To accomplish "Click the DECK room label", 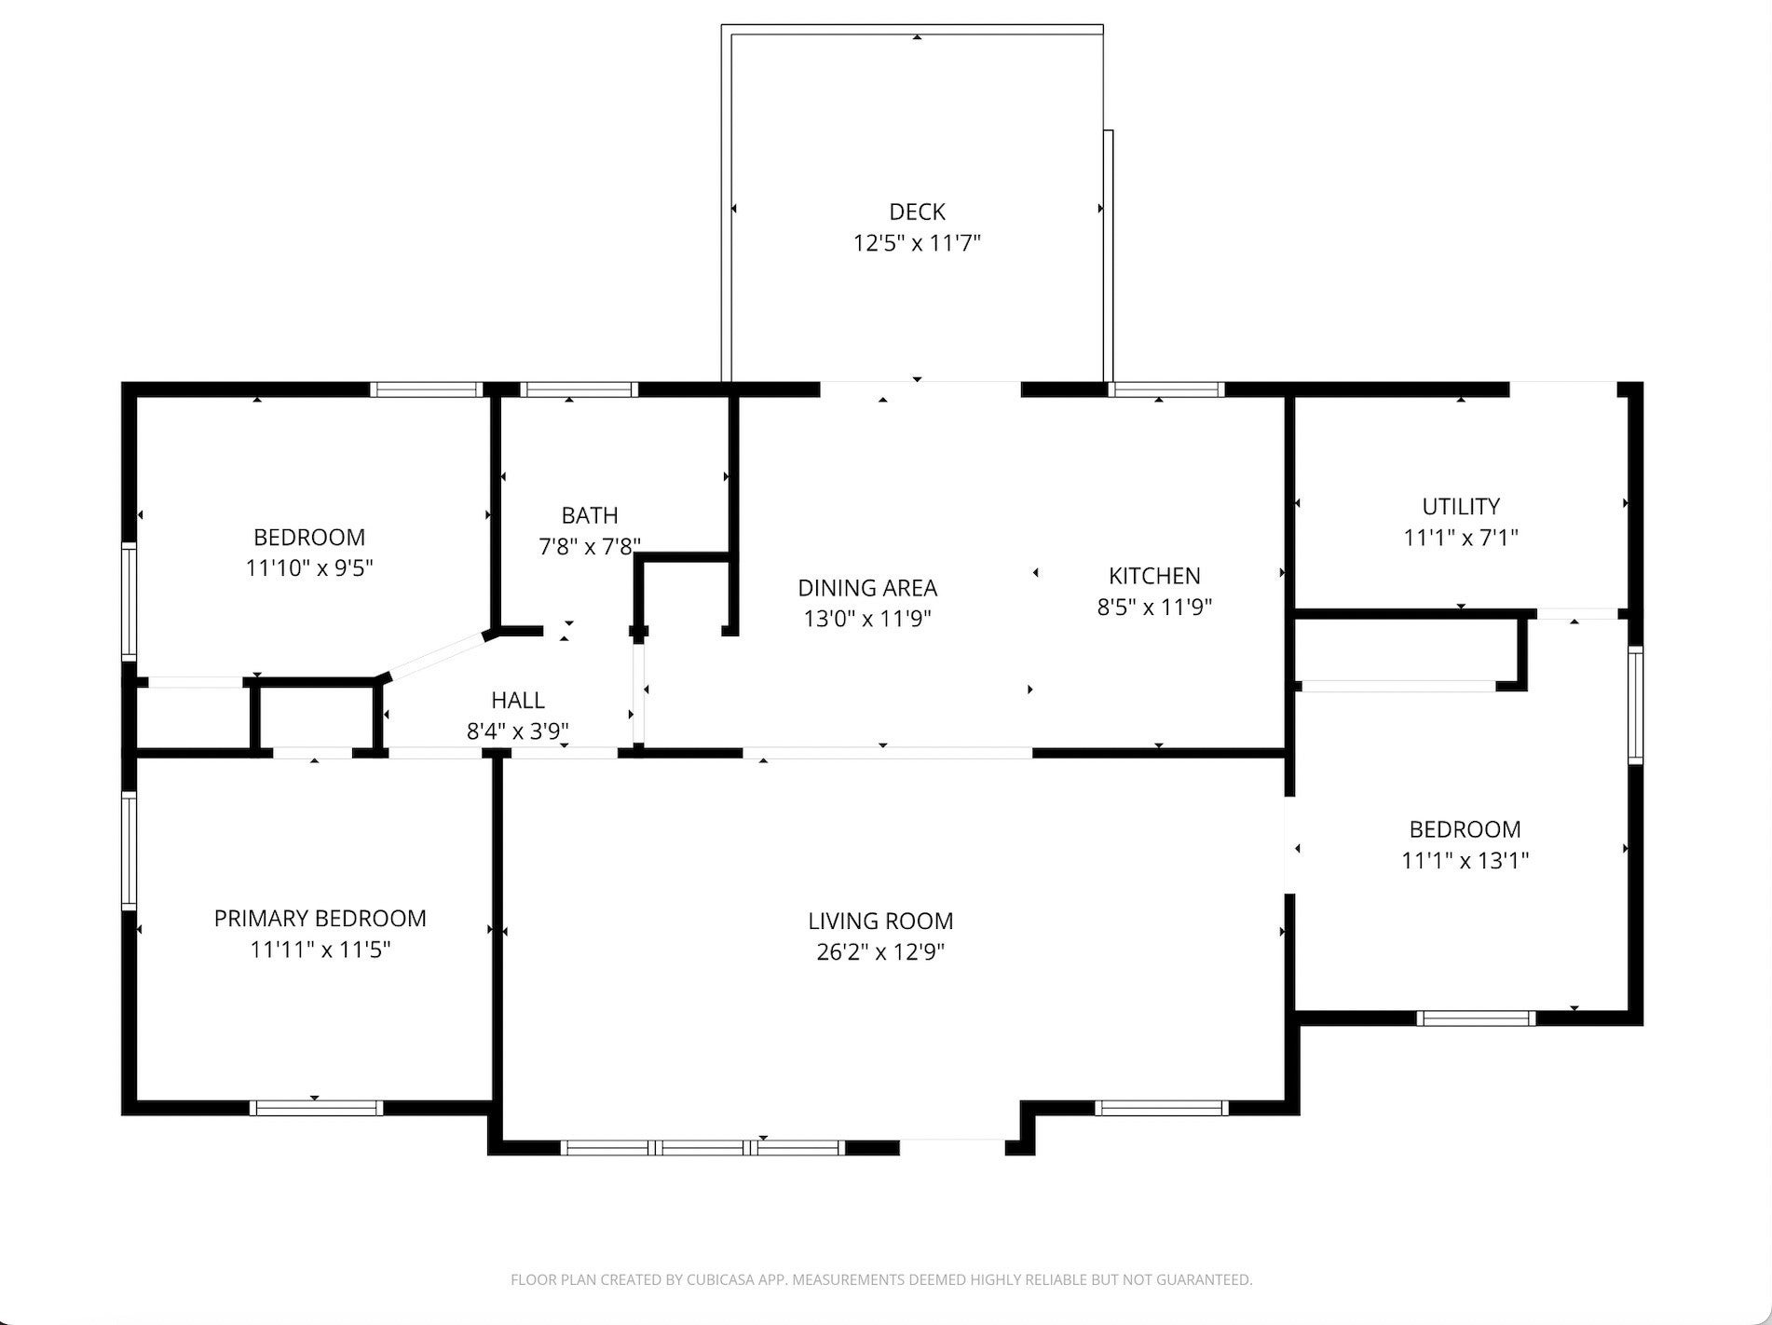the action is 917,212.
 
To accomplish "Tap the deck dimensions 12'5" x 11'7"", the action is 917,243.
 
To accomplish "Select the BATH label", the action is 589,515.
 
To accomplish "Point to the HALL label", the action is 518,700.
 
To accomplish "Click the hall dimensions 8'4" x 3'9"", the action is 518,731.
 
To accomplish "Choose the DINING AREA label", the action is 867,588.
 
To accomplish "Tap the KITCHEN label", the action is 1154,576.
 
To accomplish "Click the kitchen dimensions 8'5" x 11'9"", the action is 1154,608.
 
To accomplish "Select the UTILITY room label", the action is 1461,507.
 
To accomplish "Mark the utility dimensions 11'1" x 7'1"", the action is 1461,538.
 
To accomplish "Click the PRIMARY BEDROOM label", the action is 320,919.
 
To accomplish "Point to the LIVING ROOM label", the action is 880,922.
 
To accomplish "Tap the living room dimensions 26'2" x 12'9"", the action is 880,952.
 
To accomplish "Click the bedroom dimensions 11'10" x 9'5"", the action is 309,568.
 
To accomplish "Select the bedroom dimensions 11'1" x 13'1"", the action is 1465,860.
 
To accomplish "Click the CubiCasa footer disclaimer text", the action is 881,1280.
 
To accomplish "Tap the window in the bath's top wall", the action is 579,389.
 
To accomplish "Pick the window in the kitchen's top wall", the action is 1165,389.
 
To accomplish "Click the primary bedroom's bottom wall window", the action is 316,1108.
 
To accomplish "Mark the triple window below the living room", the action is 703,1147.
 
